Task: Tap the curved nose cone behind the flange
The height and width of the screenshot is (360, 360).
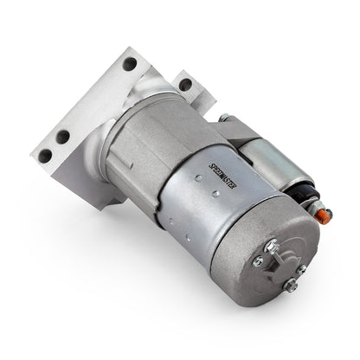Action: click(x=138, y=100)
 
